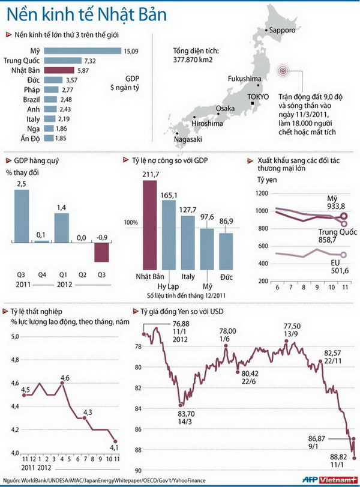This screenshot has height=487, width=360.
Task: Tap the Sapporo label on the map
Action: (x=283, y=29)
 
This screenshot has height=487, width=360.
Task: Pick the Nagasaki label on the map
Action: (x=187, y=139)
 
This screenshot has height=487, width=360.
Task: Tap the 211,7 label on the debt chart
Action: (x=149, y=174)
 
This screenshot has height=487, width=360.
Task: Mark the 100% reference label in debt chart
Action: (x=131, y=222)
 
